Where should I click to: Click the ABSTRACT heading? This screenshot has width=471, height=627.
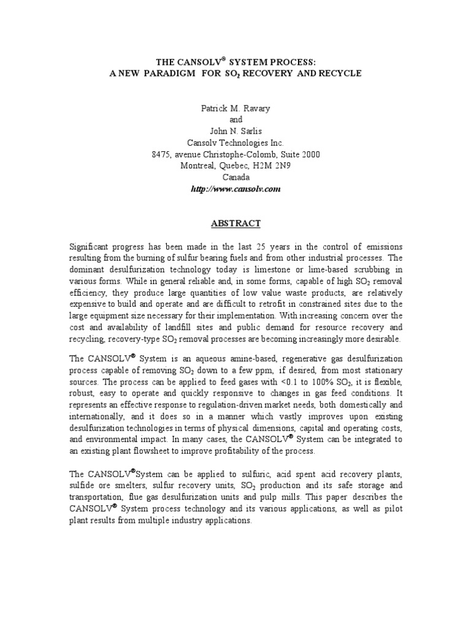(x=235, y=223)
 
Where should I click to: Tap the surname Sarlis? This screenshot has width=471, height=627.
(x=250, y=132)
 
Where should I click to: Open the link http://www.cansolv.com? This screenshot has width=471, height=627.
(x=235, y=190)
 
